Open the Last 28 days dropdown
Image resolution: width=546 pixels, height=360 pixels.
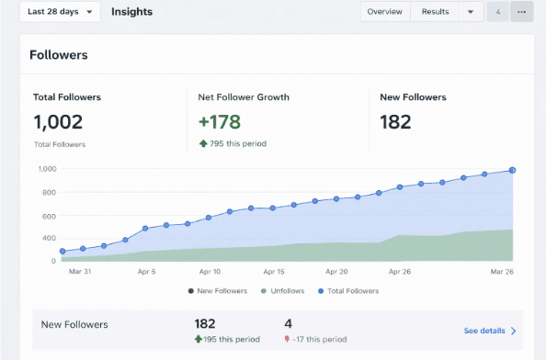pyautogui.click(x=60, y=12)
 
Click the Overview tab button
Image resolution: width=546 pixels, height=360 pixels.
pyautogui.click(x=384, y=12)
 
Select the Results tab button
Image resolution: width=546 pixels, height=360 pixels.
pyautogui.click(x=435, y=12)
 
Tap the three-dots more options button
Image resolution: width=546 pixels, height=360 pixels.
pyautogui.click(x=522, y=12)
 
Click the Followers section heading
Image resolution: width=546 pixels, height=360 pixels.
pyautogui.click(x=59, y=55)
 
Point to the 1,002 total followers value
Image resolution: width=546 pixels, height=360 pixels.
pyautogui.click(x=58, y=122)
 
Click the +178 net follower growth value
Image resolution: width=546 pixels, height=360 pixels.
pyautogui.click(x=219, y=122)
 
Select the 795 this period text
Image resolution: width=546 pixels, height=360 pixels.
pyautogui.click(x=237, y=143)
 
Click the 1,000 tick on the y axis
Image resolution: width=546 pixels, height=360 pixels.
pyautogui.click(x=47, y=169)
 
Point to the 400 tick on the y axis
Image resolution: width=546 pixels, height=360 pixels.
pyautogui.click(x=50, y=238)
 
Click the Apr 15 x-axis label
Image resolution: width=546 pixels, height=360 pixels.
pyautogui.click(x=274, y=273)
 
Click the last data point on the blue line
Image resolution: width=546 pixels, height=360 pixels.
pyautogui.click(x=512, y=170)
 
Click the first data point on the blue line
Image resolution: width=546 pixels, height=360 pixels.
pyautogui.click(x=63, y=252)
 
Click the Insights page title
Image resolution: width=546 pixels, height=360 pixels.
pyautogui.click(x=131, y=12)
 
